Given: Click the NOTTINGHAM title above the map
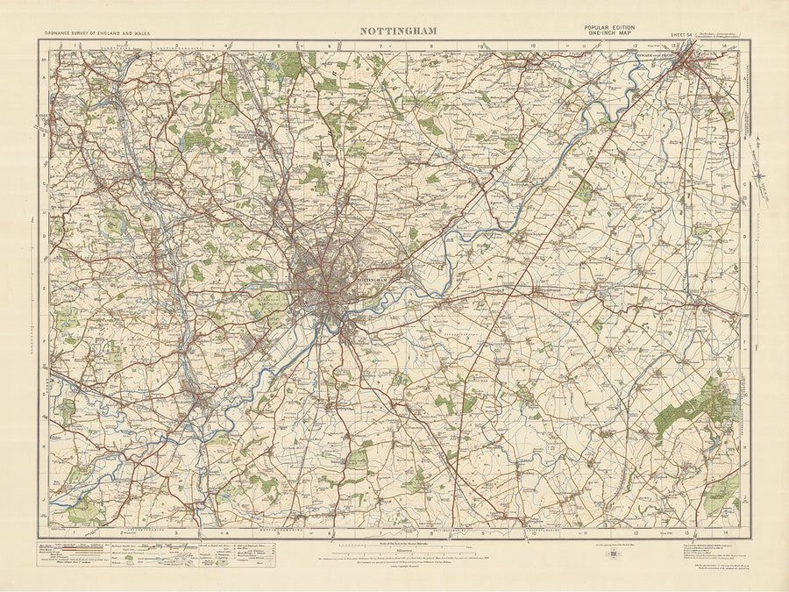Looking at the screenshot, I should (399, 31).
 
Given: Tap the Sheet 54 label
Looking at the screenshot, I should (681, 34).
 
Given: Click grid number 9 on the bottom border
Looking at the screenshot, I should (482, 532).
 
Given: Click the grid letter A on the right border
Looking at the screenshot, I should (745, 77).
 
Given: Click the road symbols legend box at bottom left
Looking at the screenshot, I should (83, 556).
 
